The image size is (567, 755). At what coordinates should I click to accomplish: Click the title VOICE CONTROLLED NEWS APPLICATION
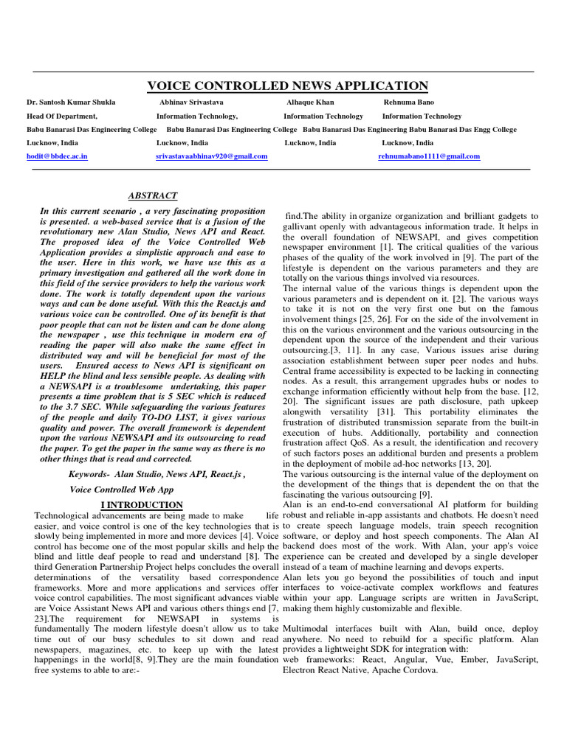pos(288,86)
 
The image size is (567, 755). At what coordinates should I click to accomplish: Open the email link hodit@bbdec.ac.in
pos(57,156)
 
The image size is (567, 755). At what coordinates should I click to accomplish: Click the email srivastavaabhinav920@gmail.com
pos(211,156)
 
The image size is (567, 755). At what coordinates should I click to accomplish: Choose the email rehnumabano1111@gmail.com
pos(429,156)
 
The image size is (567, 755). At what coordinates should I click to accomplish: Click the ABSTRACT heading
pos(153,195)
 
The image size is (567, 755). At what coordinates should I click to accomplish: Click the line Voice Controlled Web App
pos(121,489)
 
